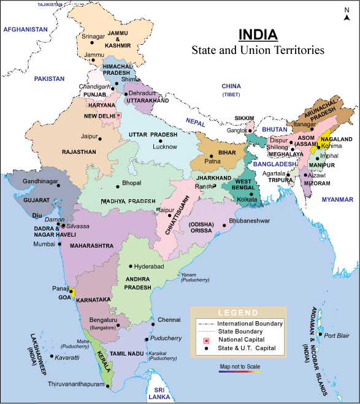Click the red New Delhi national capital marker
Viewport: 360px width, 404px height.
(x=118, y=115)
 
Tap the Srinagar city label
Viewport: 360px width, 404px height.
(x=93, y=36)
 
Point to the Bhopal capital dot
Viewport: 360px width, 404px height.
(x=117, y=184)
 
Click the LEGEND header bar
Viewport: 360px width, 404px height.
(x=238, y=312)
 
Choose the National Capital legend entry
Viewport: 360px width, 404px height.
(x=241, y=340)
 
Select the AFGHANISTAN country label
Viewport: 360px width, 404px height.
(x=26, y=29)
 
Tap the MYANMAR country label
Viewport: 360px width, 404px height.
(x=337, y=200)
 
